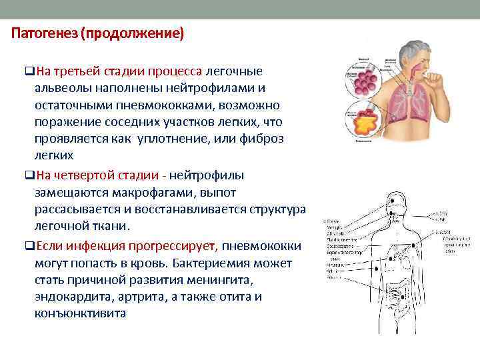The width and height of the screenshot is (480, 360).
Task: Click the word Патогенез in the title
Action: [42, 33]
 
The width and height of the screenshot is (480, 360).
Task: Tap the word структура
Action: [276, 210]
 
